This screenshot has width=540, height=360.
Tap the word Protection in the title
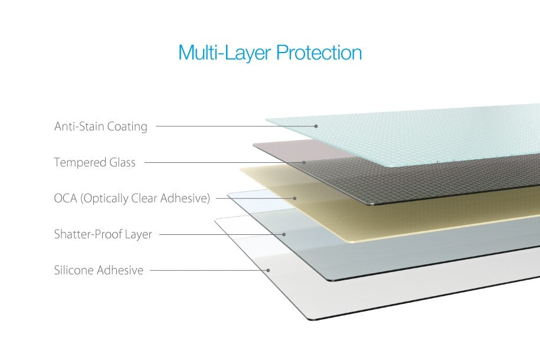coord(319,53)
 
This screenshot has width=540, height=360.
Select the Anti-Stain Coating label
coord(101,126)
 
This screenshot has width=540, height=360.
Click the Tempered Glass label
coord(94,162)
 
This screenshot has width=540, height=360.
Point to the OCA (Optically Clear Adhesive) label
coord(132,198)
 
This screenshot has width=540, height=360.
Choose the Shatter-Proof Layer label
coord(103,234)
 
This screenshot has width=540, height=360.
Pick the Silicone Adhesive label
coord(99,270)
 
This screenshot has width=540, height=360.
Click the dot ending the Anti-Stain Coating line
coord(316,126)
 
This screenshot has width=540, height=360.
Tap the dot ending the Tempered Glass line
coord(304,162)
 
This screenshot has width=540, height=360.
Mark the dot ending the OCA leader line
coord(295,198)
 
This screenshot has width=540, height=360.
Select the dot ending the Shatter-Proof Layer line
coord(284,234)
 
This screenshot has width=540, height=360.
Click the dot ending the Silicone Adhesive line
coord(269,270)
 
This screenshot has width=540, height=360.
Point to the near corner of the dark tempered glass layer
coord(372,205)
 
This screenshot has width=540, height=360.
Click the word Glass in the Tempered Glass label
coord(122,162)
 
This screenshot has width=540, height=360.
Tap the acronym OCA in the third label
coord(66,198)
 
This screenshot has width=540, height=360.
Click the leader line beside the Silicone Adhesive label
coord(209,270)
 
